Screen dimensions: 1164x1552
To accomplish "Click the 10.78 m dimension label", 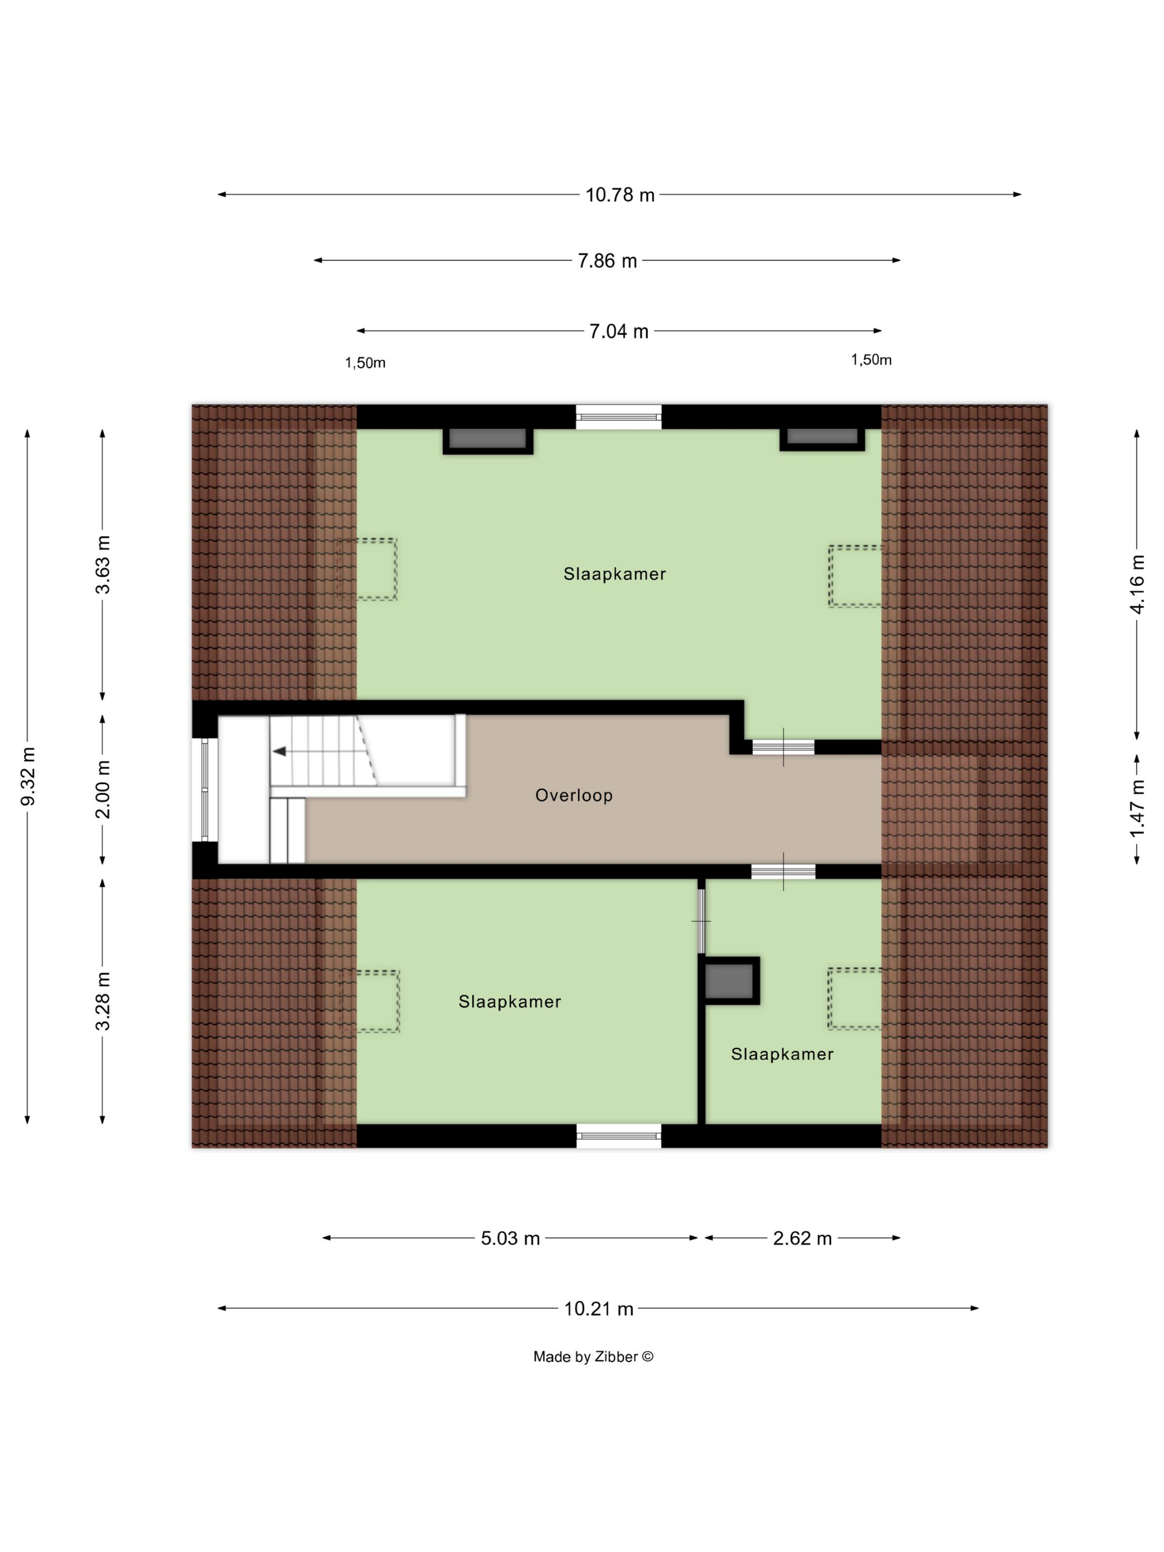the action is pos(620,195).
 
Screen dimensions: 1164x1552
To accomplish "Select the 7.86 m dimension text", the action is pos(607,261).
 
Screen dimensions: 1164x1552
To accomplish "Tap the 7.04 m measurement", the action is pos(618,331).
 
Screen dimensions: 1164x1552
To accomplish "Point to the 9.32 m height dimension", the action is pos(29,776).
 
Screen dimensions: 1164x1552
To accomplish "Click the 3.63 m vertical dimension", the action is pos(103,565).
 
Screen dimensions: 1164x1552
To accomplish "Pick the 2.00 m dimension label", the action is pos(103,789).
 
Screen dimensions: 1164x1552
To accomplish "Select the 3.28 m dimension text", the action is pos(103,1000).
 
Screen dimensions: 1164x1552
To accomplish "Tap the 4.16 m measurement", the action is pos(1137,584).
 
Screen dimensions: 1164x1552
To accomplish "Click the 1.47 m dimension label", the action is pos(1137,808).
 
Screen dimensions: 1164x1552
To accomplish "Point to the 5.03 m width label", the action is pos(510,1238).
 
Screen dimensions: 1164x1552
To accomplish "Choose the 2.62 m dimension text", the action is pos(802,1238).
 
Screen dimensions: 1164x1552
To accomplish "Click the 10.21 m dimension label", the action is pos(599,1309).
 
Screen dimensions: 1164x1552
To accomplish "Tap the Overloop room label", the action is pos(574,795).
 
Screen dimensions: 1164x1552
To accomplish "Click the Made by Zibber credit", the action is pos(593,1357).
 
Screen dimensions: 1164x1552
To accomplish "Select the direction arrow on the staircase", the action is pos(279,752).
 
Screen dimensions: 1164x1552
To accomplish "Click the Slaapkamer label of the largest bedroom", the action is pos(615,574).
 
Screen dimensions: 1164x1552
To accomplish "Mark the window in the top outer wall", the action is pos(619,417).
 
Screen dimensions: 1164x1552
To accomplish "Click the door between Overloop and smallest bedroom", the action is pos(783,872).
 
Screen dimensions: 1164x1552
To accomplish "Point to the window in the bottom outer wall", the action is pos(619,1136).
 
